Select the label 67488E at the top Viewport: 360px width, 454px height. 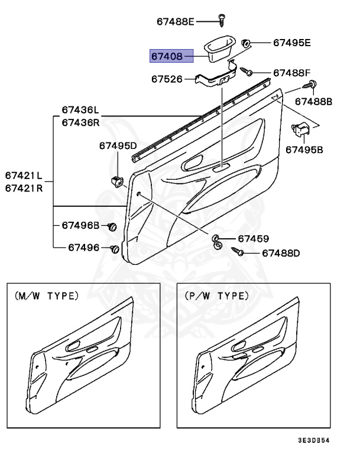click(x=176, y=21)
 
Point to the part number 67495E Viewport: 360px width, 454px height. click(x=291, y=43)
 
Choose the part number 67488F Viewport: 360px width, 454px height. click(x=291, y=73)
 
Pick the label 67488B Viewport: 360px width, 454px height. click(x=313, y=102)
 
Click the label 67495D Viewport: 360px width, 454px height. click(x=118, y=145)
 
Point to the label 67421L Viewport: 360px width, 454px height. click(x=24, y=176)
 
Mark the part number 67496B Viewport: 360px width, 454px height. click(x=80, y=226)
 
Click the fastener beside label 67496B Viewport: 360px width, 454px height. click(x=112, y=226)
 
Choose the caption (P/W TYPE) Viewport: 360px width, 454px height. click(x=215, y=296)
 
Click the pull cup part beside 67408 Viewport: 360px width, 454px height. click(x=220, y=49)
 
